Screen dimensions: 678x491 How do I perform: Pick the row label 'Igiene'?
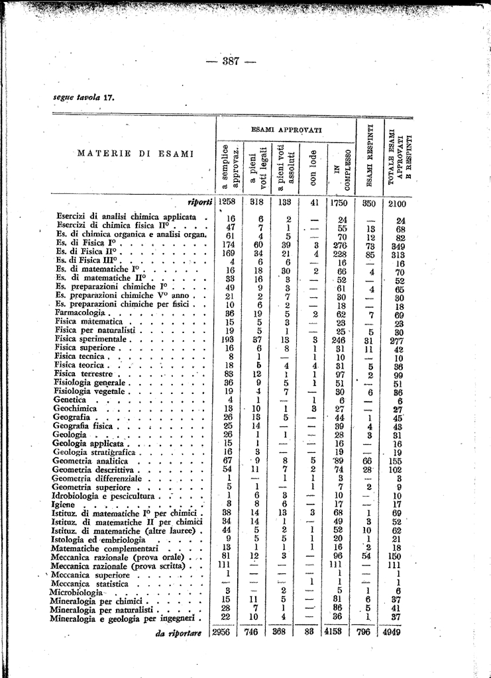(61, 504)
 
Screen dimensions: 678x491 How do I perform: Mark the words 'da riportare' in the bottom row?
(178, 633)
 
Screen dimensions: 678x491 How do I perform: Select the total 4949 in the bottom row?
(398, 632)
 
